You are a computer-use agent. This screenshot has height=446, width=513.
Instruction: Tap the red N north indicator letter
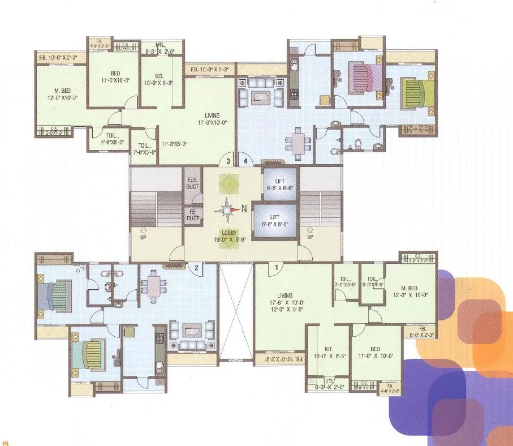tap(244, 208)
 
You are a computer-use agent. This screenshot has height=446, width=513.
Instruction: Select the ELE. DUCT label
tap(192, 183)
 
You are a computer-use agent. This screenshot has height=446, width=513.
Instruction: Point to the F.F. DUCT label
tap(192, 215)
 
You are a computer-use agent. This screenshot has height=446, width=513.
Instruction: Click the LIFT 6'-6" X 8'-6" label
tap(275, 220)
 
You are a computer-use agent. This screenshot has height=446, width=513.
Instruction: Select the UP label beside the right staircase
tap(309, 236)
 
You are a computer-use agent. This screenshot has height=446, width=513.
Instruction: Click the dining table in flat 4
tap(297, 141)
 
